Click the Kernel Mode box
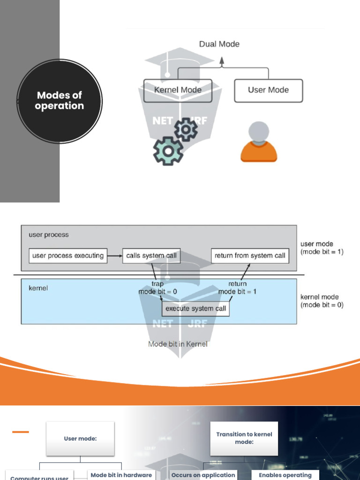178,90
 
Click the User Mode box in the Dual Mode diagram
268,90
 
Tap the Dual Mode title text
219,44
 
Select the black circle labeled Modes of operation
60,101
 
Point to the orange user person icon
259,142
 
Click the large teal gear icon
168,151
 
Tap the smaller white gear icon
186,129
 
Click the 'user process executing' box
68,255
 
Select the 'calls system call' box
151,255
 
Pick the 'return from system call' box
250,255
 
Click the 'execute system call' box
195,308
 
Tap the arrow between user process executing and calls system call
115,255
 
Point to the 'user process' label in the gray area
48,234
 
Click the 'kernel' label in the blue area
38,288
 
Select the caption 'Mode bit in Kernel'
178,344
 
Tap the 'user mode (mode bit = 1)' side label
322,248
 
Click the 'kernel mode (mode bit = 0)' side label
322,301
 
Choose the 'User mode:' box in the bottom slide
80,439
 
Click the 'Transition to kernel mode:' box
244,438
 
